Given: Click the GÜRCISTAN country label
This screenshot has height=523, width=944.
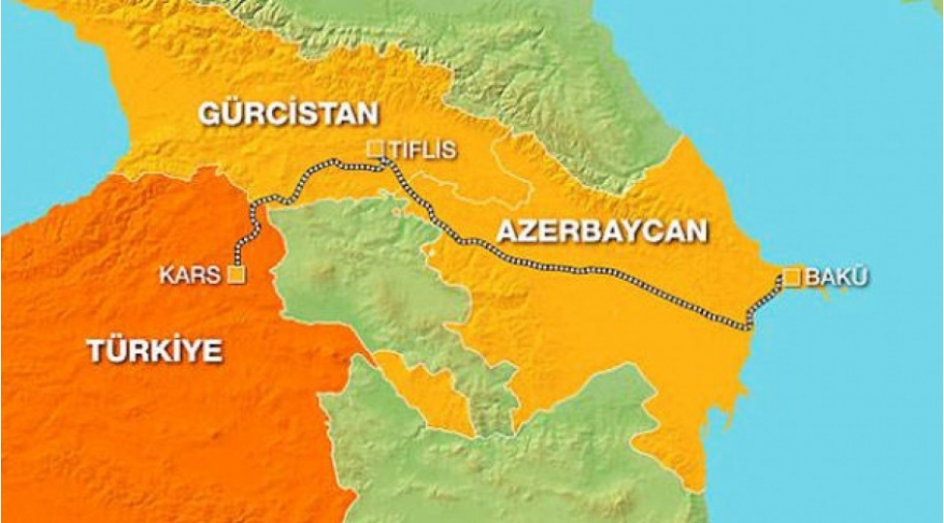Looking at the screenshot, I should point(288,113).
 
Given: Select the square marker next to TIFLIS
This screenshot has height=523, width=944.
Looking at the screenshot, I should point(376,149).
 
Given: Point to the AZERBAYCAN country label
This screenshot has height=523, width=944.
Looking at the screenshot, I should point(601,231).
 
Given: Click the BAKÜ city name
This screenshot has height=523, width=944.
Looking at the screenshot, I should point(837,278).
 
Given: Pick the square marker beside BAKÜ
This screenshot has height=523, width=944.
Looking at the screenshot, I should point(792,278).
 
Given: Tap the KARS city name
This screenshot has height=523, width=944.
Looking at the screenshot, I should point(191,276).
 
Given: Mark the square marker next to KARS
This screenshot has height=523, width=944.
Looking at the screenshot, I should point(235,275).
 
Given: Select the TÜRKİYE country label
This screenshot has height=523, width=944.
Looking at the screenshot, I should point(154,350).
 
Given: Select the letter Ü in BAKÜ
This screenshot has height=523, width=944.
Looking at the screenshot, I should point(861,278).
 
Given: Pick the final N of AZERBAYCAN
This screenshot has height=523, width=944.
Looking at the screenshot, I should point(696,231).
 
